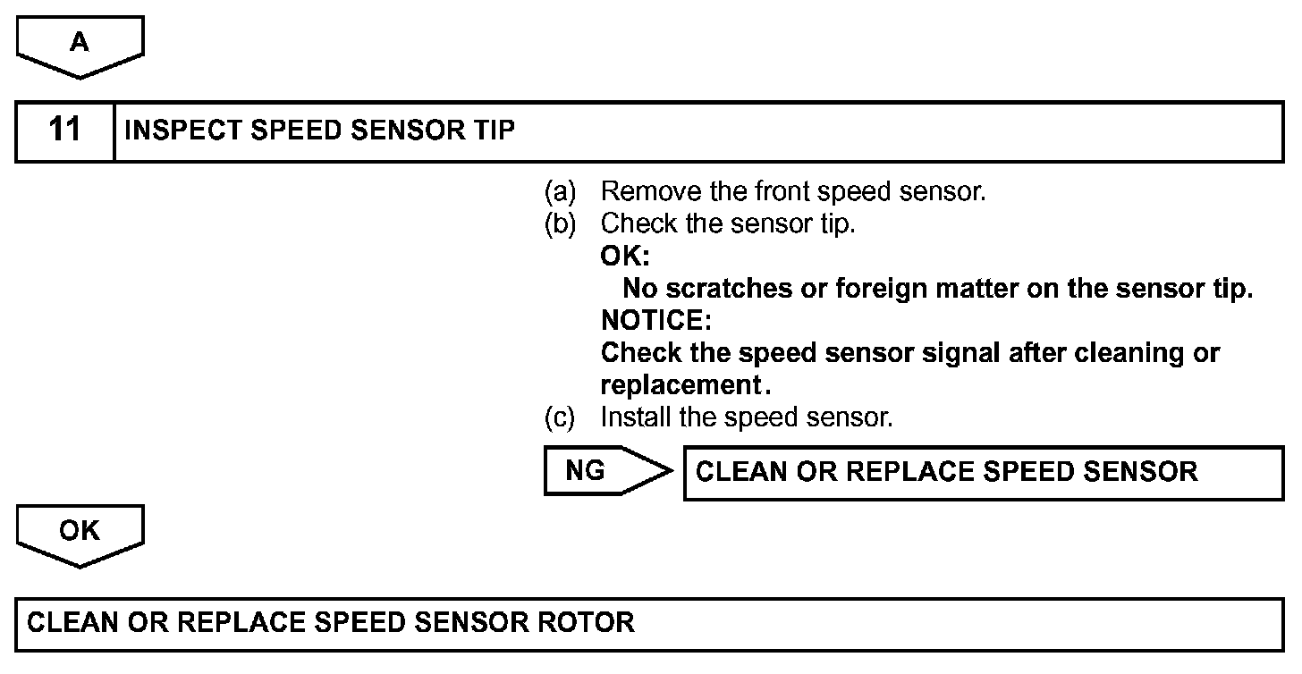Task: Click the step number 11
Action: point(64,131)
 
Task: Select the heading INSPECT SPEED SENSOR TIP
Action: point(320,131)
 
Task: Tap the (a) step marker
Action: point(560,191)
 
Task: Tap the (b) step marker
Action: point(560,223)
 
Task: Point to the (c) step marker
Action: point(560,417)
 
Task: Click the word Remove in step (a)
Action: point(639,191)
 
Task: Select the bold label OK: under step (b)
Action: point(624,256)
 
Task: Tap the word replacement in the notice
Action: point(680,385)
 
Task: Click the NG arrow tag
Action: point(599,471)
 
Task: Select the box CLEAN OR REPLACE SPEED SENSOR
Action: point(983,472)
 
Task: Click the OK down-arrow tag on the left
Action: point(80,535)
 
